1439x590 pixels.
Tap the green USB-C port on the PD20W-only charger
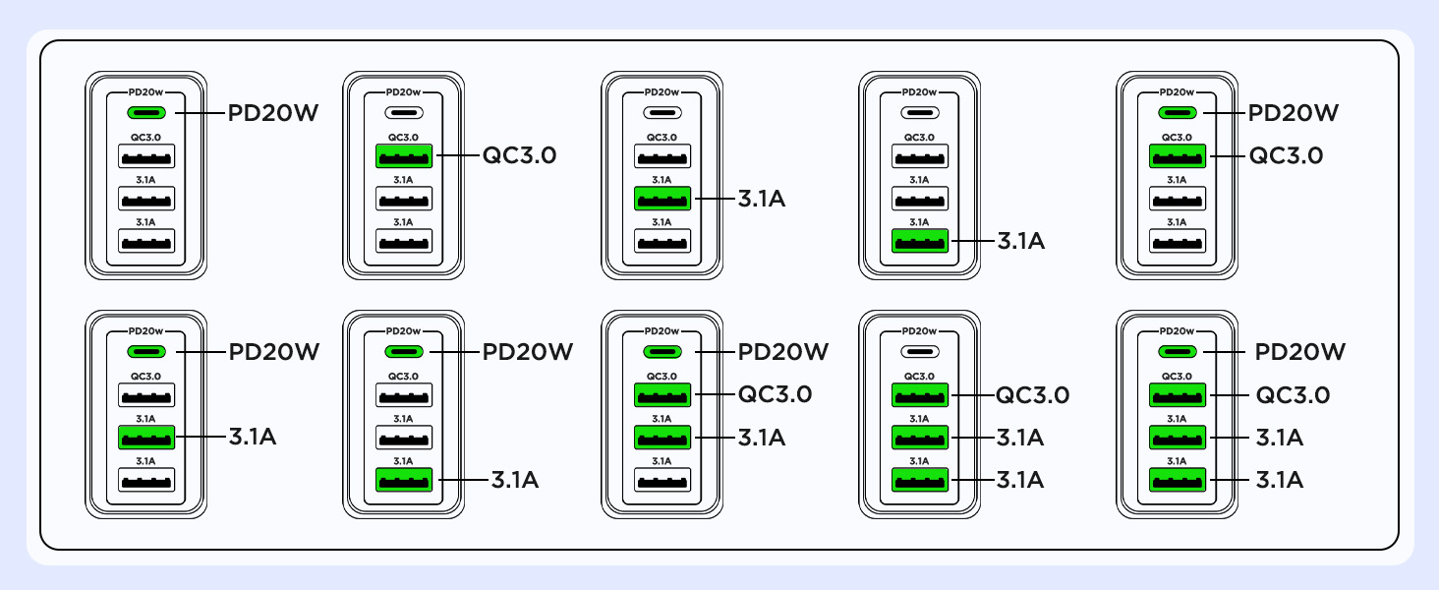pos(146,112)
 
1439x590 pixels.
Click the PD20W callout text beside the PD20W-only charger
pos(273,113)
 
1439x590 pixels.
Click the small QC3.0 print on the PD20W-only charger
pos(146,138)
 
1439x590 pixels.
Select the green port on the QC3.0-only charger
pos(404,155)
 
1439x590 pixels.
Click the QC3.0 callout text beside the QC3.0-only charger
pos(520,155)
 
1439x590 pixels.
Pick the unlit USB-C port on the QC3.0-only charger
pos(404,112)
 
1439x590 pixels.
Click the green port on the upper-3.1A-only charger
pos(662,199)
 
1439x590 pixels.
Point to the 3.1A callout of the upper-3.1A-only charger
pos(762,199)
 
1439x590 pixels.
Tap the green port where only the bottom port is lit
pos(920,241)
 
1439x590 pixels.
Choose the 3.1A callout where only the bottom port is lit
pos(1020,241)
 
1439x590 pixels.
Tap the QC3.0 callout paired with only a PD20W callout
pos(1286,155)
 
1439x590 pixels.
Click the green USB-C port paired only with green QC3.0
pos(1178,112)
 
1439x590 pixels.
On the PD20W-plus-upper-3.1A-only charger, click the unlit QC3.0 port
pos(146,394)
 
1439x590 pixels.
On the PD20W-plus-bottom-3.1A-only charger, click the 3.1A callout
pos(515,480)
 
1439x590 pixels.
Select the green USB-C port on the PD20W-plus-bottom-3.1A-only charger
pos(404,351)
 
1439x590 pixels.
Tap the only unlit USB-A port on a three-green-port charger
pos(662,480)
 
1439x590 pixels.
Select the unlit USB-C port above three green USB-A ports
pos(920,351)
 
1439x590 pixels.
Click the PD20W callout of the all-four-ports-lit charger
pos(1300,352)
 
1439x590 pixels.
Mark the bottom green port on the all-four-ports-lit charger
pos(1178,480)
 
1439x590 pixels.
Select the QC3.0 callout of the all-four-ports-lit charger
pos(1294,394)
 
